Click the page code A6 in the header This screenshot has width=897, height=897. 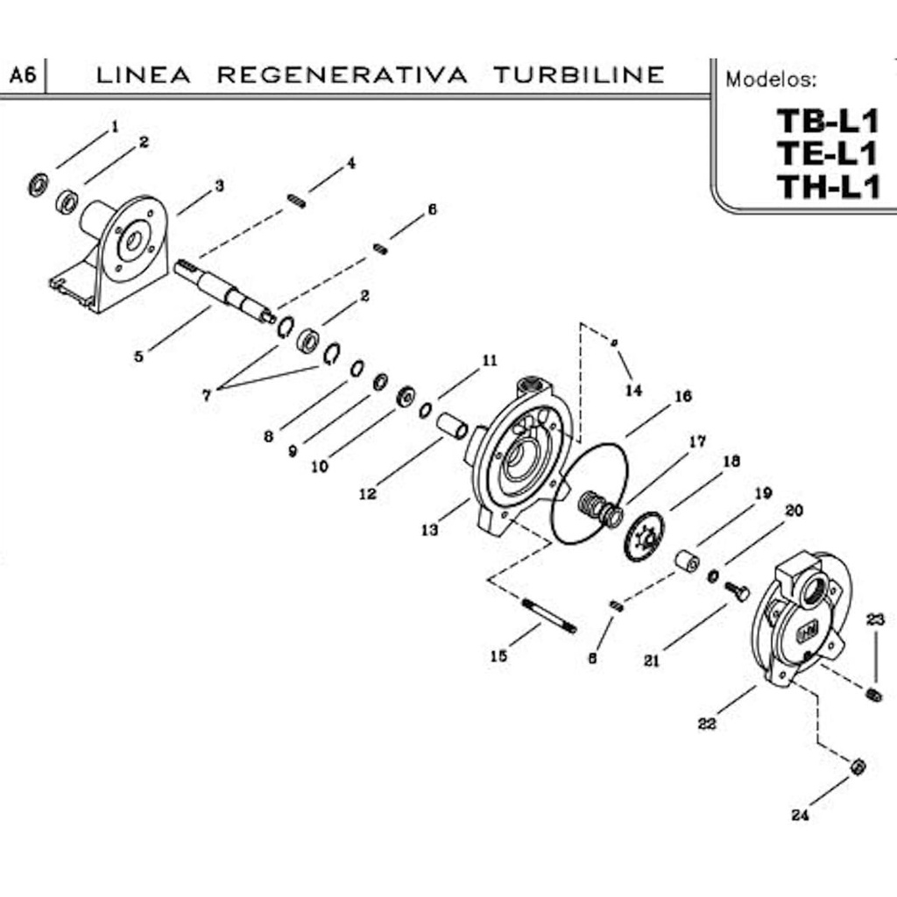[22, 76]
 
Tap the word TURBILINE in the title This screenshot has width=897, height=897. [578, 75]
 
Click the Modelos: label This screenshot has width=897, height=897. [771, 80]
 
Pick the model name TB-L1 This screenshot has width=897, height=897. [827, 121]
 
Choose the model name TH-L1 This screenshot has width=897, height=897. [827, 186]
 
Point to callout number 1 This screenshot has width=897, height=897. [114, 127]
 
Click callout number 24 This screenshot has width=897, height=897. [799, 816]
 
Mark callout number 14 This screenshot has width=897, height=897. [633, 391]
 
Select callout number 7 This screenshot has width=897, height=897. [207, 396]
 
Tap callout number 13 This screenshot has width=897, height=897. [429, 531]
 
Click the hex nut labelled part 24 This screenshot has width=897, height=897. [858, 767]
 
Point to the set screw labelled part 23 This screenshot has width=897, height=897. [873, 696]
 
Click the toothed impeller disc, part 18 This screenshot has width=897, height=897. [644, 536]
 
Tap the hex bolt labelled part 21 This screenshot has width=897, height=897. [737, 592]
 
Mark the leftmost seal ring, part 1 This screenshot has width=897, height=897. [39, 185]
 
